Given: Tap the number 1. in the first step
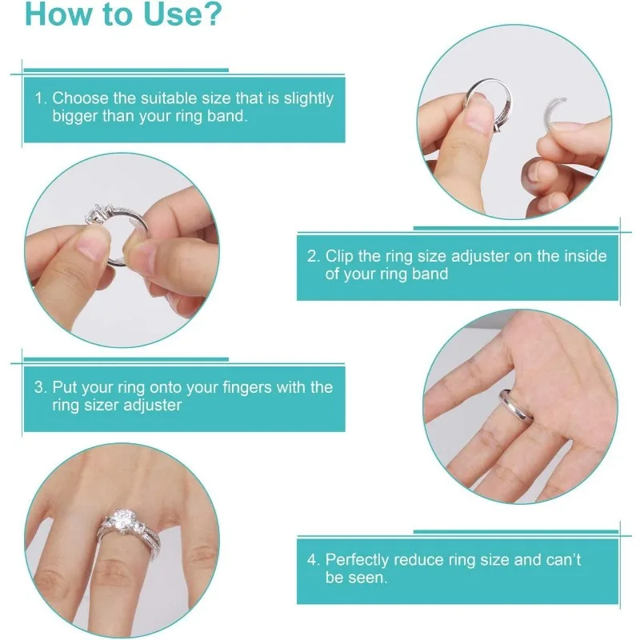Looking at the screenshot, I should click(41, 98).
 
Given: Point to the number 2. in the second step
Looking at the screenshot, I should click(314, 257).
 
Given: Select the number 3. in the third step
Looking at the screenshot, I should click(41, 387).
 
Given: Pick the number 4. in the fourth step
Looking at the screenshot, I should click(314, 560).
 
